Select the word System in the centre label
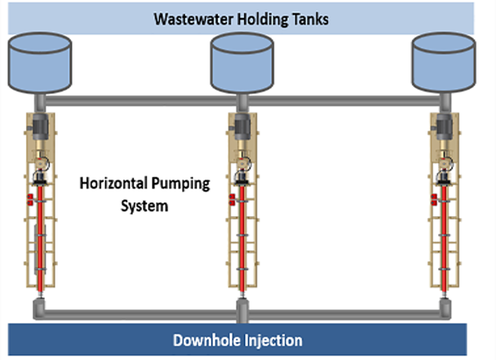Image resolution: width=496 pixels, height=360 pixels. [x=146, y=206]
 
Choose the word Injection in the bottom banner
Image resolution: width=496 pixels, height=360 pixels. [x=276, y=340]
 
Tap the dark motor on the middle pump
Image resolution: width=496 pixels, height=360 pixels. [x=241, y=127]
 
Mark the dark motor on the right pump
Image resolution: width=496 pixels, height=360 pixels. [x=444, y=127]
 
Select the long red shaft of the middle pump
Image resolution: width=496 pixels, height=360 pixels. [x=241, y=237]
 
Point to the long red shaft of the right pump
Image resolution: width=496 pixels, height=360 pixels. [x=444, y=237]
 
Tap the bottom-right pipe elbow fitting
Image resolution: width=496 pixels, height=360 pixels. [x=444, y=309]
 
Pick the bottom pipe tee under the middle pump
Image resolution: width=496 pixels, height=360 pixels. [x=241, y=309]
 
